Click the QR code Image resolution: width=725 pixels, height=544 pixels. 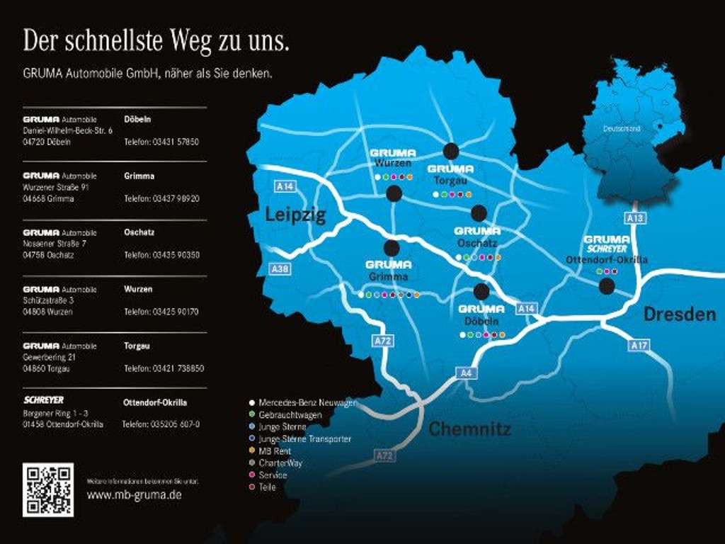[48, 489]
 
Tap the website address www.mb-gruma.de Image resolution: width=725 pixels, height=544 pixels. [134, 494]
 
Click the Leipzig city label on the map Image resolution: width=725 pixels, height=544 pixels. [295, 215]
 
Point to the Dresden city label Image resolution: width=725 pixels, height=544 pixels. [680, 314]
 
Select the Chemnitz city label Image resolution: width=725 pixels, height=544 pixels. [469, 429]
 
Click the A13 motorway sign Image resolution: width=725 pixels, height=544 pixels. [636, 218]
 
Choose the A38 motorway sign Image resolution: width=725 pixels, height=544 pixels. [280, 269]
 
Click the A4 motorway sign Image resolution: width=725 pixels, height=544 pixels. [465, 373]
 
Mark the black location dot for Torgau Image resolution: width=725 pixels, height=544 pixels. [451, 151]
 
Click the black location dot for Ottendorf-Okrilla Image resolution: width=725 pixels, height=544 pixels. [607, 286]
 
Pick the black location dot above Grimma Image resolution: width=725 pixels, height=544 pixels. [392, 248]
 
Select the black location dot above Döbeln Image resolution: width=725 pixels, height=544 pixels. [481, 291]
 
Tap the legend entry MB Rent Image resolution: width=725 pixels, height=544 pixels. [275, 450]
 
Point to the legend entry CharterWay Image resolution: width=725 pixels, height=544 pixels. [280, 463]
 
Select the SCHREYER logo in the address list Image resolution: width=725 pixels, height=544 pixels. [43, 400]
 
